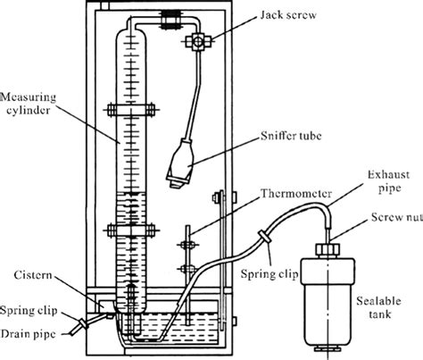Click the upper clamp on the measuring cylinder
[130, 112]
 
